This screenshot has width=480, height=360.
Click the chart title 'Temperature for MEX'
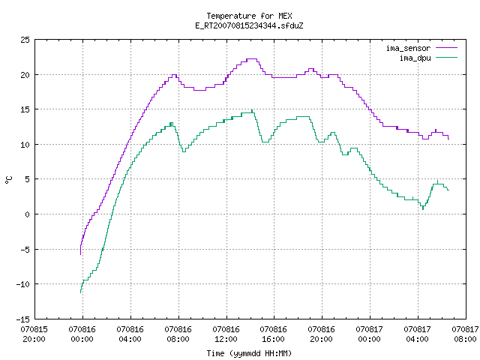click(249, 16)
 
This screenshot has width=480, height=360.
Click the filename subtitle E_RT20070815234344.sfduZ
click(249, 25)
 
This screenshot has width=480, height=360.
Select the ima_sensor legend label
click(408, 48)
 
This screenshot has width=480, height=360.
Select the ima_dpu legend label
click(415, 58)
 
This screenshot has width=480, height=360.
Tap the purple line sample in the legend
click(447, 48)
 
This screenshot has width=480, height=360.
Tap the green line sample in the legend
click(447, 58)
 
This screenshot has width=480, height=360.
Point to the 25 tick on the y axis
click(25, 40)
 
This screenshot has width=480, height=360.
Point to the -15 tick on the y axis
click(23, 319)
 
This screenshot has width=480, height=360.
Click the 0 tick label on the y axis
click(27, 214)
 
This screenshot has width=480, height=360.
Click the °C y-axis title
click(9, 180)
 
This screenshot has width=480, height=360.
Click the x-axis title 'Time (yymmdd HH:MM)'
click(249, 353)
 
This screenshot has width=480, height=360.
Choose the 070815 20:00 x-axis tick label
click(34, 334)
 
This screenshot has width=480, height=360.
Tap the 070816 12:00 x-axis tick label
click(226, 334)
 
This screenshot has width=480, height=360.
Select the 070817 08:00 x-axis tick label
click(465, 334)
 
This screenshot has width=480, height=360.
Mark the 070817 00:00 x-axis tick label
click(370, 334)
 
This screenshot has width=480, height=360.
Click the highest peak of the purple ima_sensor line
click(252, 58)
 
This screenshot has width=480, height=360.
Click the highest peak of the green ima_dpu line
click(252, 110)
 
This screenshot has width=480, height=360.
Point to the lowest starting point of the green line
click(80, 293)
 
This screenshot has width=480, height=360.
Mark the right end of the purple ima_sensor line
click(448, 139)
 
